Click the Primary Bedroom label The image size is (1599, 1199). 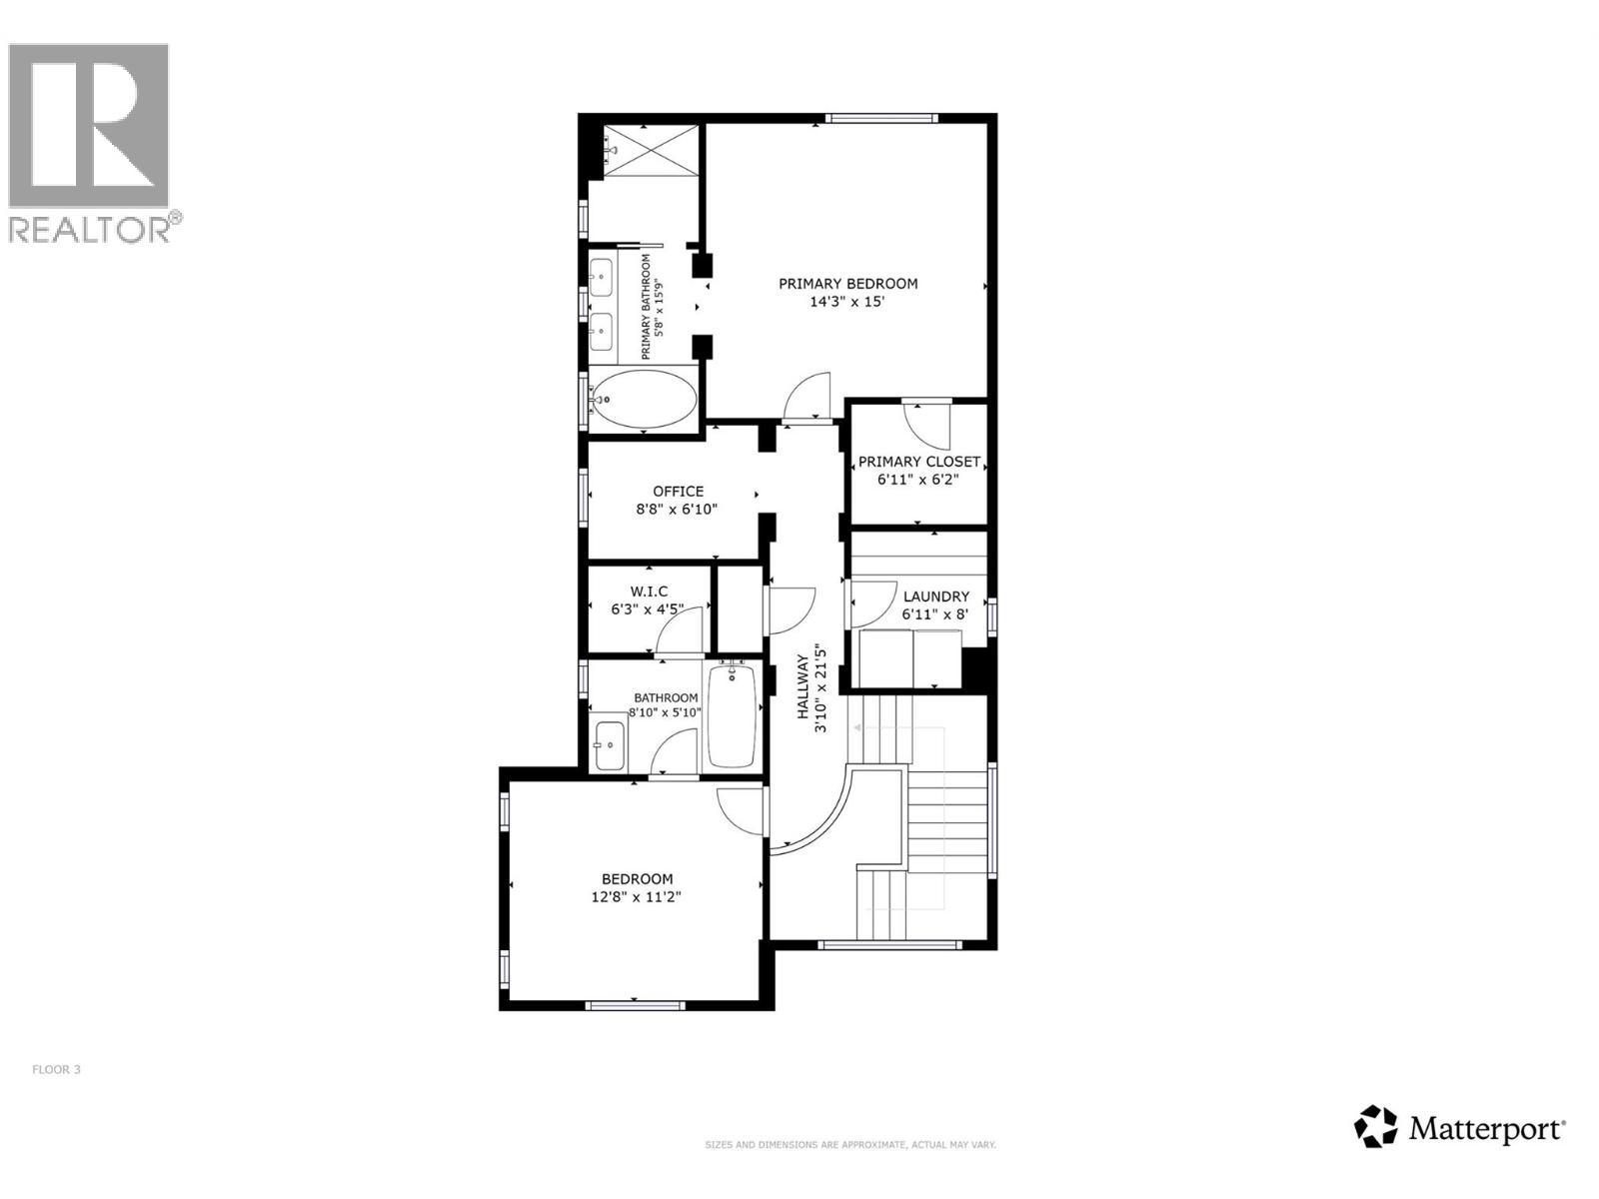click(847, 284)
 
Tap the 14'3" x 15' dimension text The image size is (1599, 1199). click(847, 302)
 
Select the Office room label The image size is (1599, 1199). click(678, 492)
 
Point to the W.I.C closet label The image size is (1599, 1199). click(649, 592)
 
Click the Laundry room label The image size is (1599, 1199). click(935, 597)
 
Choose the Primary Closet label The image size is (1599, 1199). click(918, 462)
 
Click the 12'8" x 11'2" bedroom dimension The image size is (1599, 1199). click(636, 897)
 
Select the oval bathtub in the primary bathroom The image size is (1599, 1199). click(642, 399)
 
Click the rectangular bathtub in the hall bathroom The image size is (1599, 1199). click(732, 715)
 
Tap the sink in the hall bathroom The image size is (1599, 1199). click(609, 745)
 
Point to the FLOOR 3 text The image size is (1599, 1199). click(56, 1070)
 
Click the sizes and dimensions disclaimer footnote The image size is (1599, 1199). click(850, 1145)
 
